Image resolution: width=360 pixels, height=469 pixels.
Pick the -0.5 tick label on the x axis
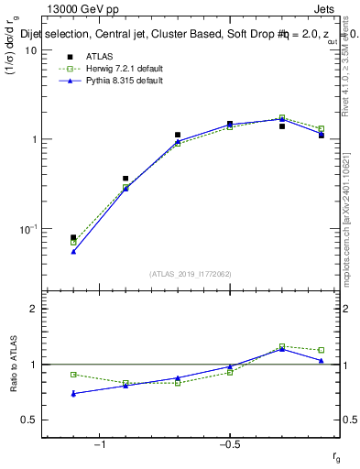[x=229, y=444]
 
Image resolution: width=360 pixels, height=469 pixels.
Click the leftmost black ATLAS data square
[x=73, y=237]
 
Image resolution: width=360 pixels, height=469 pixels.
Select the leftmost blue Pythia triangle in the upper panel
[x=73, y=251]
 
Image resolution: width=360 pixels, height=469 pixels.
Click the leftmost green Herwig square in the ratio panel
[x=73, y=375]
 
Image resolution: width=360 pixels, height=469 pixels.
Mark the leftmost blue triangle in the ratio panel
[x=73, y=394]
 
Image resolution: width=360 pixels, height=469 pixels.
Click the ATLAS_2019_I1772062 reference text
[x=191, y=274]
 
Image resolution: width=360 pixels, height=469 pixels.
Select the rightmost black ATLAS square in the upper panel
[x=322, y=135]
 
